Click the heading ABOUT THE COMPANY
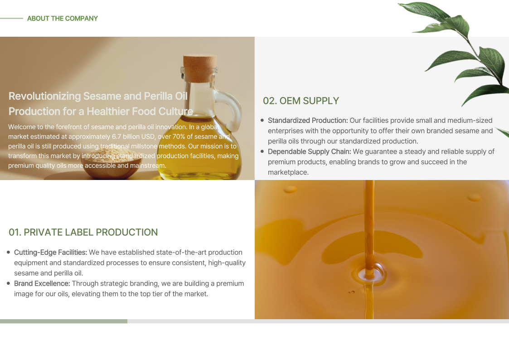coord(63,19)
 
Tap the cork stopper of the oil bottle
coord(200,68)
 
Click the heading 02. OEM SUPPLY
coord(301,101)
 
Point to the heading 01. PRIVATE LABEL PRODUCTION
coord(83,233)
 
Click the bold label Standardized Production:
coord(308,121)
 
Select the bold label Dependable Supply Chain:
coord(310,151)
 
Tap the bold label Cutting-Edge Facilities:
coord(51,253)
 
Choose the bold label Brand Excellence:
coord(42,283)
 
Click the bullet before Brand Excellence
coord(9,283)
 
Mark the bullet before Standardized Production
coord(262,121)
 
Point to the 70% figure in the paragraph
coord(179,136)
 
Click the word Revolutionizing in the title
coord(44,96)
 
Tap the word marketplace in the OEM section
coord(287,172)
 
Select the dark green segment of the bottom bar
coord(63,321)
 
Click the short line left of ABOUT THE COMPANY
coord(11,19)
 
